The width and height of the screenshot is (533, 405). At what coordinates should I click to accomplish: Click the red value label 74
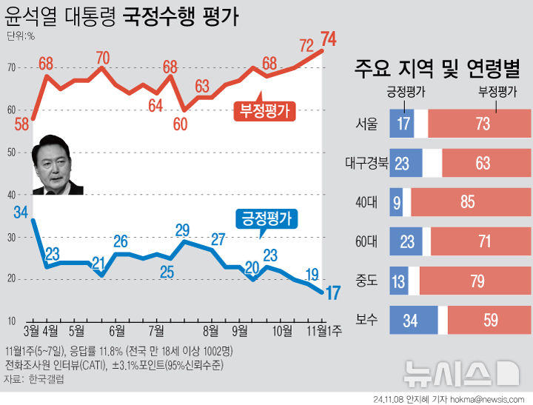(x=328, y=38)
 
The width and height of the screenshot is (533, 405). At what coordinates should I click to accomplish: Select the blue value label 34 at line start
(x=21, y=212)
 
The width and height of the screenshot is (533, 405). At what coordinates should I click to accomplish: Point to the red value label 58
(x=21, y=124)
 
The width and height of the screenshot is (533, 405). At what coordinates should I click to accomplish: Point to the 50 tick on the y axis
(x=11, y=153)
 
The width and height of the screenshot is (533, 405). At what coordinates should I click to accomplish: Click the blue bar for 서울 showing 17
(x=402, y=124)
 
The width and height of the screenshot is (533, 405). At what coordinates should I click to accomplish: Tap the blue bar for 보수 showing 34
(x=414, y=321)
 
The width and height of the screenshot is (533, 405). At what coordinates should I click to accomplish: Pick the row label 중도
(x=366, y=281)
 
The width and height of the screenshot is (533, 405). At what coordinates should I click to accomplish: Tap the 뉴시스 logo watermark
(x=459, y=372)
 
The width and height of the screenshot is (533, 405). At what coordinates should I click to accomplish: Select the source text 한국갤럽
(x=46, y=378)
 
